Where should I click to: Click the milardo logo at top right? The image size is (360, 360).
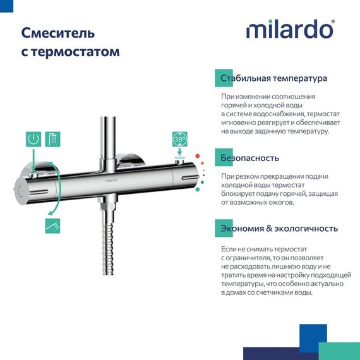point(289,30)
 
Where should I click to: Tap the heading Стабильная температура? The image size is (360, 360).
point(273,79)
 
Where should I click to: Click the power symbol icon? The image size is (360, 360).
point(33,140)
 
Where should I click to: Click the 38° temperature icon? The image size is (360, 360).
point(180,140)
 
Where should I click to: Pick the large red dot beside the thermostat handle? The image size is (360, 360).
point(198,155)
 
